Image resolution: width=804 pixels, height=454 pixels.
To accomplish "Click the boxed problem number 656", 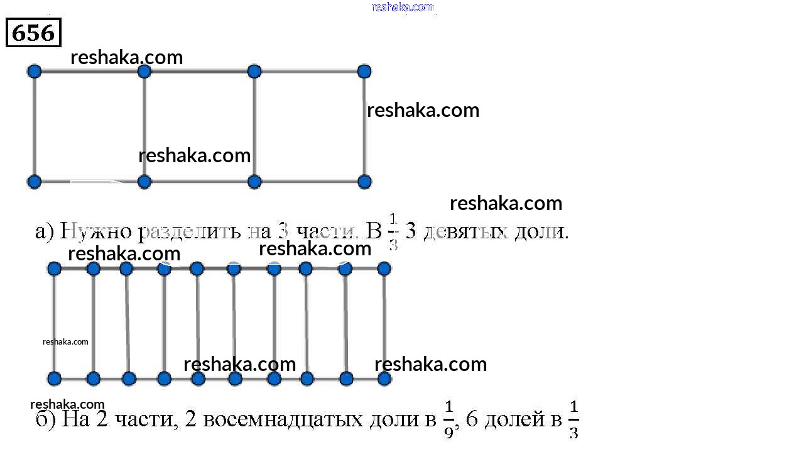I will [x=33, y=33].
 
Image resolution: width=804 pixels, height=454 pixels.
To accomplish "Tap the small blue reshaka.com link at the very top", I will [x=402, y=7].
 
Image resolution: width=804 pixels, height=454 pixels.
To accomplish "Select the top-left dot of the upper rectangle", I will [x=35, y=71].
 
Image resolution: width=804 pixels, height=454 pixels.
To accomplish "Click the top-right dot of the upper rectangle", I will [x=364, y=71].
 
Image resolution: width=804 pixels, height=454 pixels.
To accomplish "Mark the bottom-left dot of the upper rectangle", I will [x=35, y=182].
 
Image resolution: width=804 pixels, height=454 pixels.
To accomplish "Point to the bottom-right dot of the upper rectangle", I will [x=364, y=182].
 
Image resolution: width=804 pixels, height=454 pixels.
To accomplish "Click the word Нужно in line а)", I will [x=96, y=232].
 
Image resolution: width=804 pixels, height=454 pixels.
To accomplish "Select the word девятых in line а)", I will [x=464, y=232].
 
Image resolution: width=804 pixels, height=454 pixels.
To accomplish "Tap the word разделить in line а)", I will [x=188, y=232].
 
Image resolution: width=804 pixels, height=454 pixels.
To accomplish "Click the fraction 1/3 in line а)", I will [x=393, y=232].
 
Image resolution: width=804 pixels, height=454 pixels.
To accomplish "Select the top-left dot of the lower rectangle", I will [x=54, y=269].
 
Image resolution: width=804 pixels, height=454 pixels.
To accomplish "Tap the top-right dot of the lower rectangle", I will [x=384, y=269].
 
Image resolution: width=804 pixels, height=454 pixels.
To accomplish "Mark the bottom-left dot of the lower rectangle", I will [x=54, y=379].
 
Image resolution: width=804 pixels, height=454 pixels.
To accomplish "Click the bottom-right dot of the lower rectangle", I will [x=384, y=379].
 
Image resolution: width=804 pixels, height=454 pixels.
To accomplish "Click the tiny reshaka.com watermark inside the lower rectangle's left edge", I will [x=65, y=342].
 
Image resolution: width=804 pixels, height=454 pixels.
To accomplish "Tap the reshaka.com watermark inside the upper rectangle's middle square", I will [x=194, y=155].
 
